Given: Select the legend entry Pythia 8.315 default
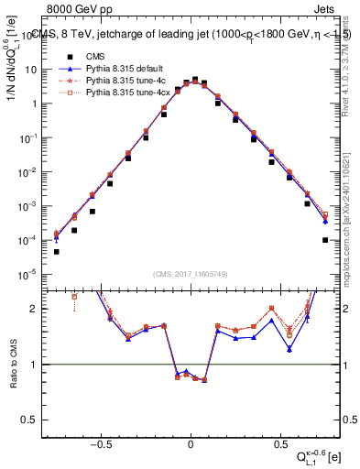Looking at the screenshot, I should tap(113, 67).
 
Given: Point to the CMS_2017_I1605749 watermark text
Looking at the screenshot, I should tap(190, 275).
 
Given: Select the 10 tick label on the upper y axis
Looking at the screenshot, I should tap(31, 70).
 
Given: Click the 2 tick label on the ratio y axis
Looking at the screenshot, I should tap(34, 309).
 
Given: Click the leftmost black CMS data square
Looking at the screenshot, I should tap(56, 251).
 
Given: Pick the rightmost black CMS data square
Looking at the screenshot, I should tap(325, 240).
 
